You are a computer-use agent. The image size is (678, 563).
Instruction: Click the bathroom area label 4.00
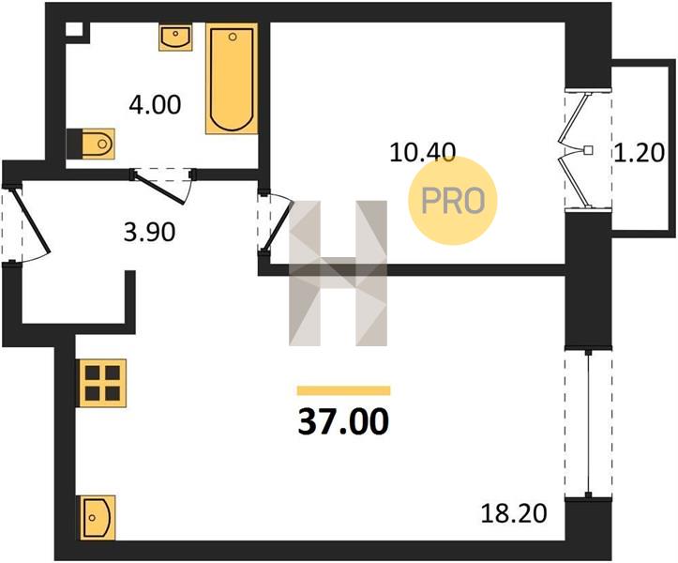tap(155, 105)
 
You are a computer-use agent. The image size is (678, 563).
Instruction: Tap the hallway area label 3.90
tap(149, 233)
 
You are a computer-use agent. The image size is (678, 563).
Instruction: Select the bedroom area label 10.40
tap(422, 152)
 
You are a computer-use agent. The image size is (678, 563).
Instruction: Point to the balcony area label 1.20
tap(640, 153)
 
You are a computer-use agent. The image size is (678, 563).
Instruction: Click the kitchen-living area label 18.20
tap(514, 513)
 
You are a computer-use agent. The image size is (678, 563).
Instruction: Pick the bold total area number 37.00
tap(343, 421)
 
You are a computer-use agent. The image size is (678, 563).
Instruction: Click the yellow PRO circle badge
tap(453, 201)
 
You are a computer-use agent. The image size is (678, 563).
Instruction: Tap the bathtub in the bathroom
tap(232, 78)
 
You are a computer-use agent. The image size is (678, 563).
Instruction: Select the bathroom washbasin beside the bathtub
tap(175, 38)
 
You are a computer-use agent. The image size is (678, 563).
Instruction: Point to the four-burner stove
tap(102, 383)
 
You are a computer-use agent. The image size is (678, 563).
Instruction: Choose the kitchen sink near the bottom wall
tap(96, 518)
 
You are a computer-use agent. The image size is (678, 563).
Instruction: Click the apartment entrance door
tap(26, 223)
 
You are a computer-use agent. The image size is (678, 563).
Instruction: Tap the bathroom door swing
tap(163, 186)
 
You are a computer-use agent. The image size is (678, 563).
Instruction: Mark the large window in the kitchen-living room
tap(588, 423)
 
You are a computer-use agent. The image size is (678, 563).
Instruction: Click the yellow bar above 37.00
tap(344, 390)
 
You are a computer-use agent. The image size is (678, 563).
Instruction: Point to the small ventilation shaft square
tap(74, 29)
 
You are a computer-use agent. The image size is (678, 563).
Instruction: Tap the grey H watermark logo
tap(339, 273)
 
